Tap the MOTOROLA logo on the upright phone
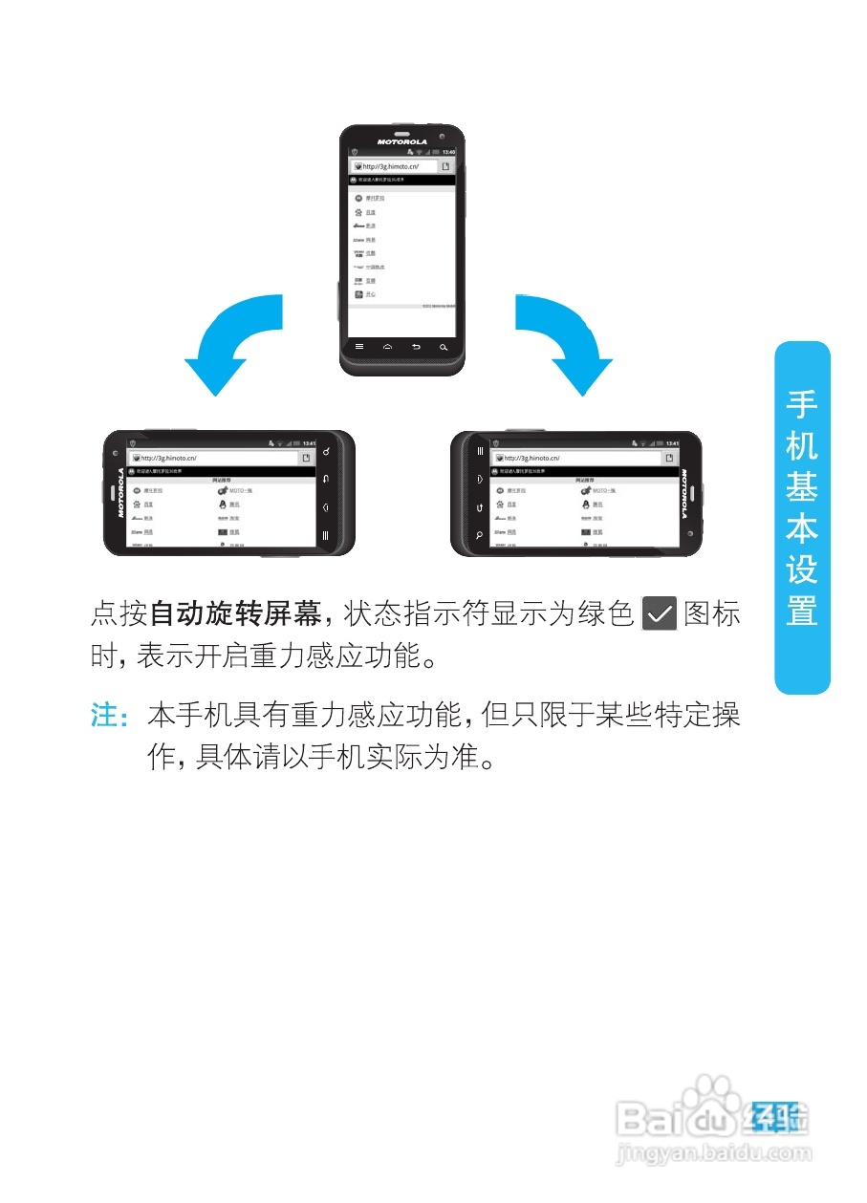tap(401, 141)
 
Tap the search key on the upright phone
tap(444, 346)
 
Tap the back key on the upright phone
tap(416, 346)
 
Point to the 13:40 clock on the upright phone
tap(448, 152)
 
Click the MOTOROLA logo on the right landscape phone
tap(684, 492)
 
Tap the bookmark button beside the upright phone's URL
tap(445, 166)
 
